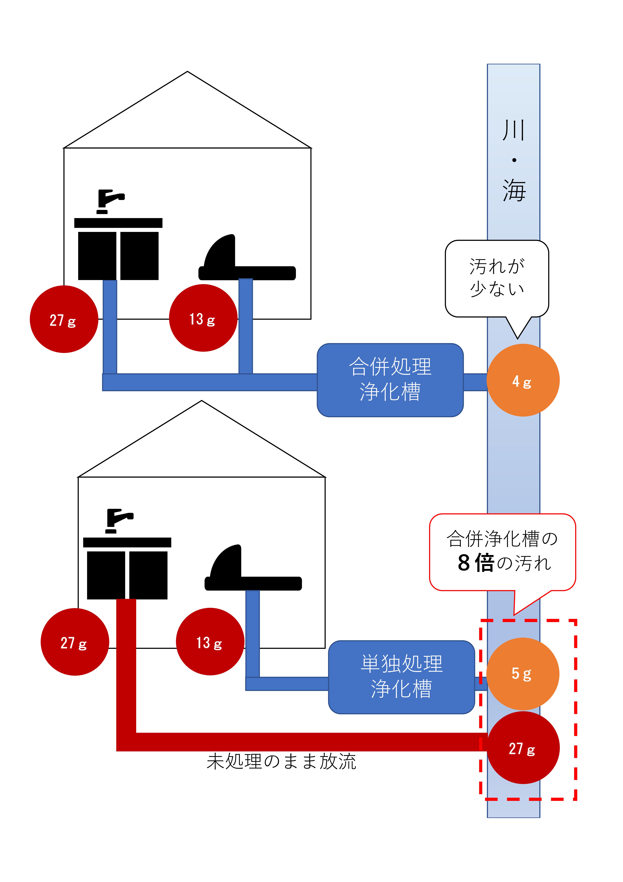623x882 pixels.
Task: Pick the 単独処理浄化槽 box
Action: click(x=401, y=677)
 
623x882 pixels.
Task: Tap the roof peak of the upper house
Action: click(x=187, y=72)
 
